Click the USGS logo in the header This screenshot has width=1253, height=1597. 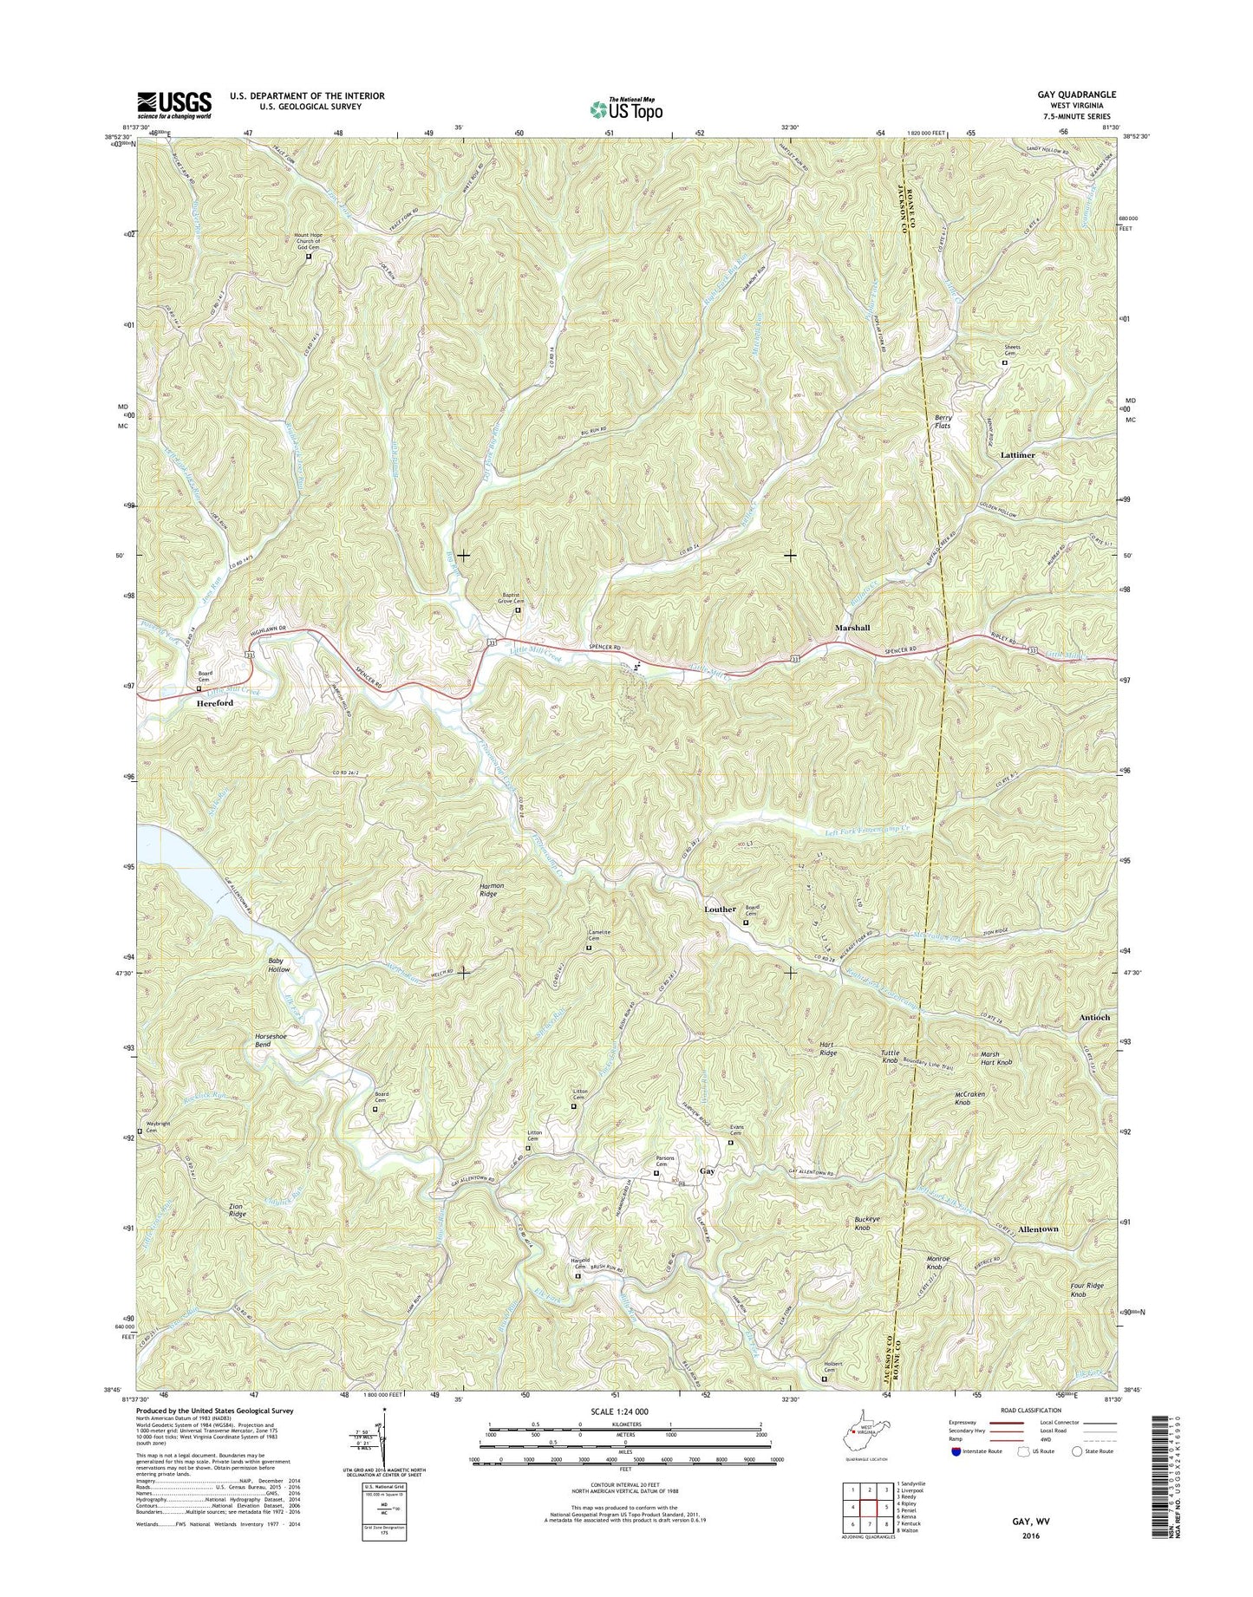tap(173, 105)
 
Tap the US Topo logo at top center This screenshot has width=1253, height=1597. tap(626, 108)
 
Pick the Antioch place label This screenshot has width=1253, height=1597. tap(1094, 1017)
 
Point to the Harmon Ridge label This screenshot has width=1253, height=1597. tap(487, 890)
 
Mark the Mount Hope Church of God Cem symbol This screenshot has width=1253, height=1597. tap(309, 256)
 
